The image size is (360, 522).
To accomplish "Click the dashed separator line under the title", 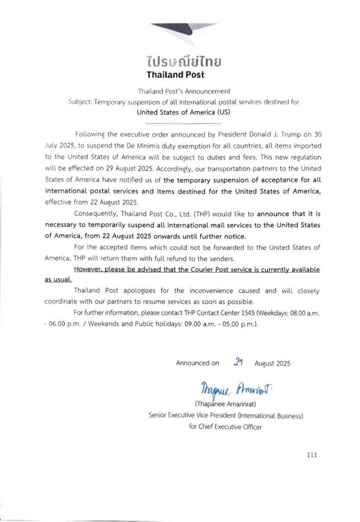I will (x=183, y=123).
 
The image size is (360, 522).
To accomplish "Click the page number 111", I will (x=312, y=455).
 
